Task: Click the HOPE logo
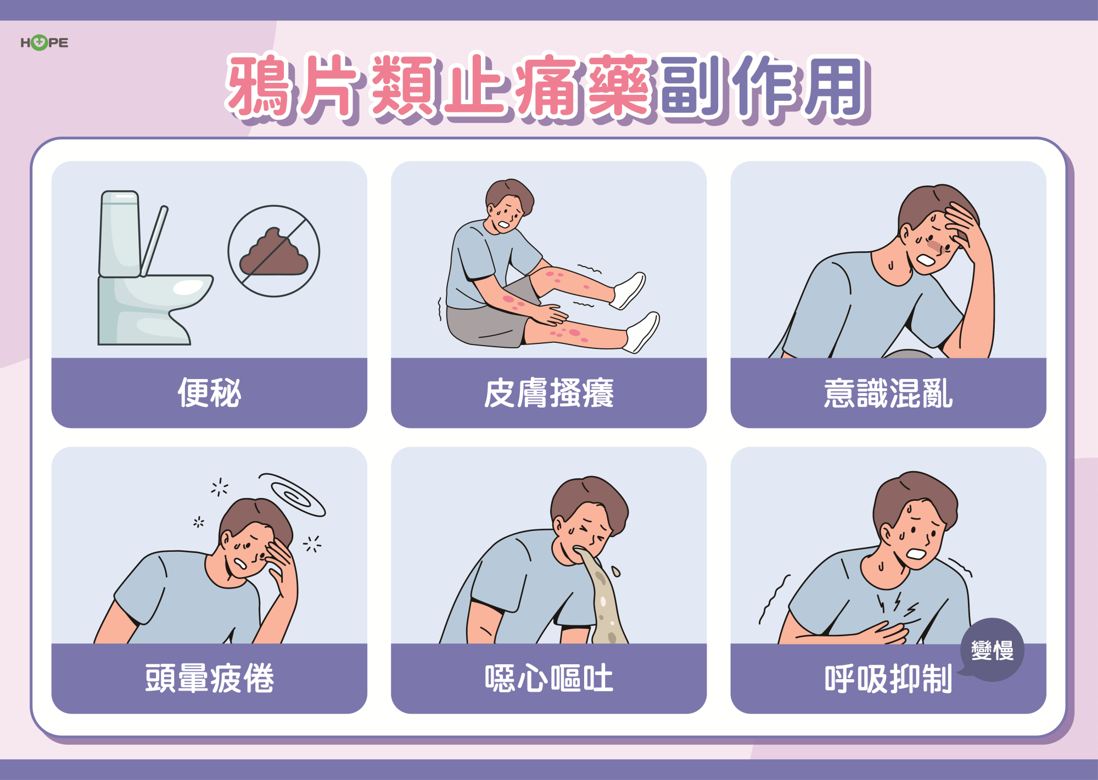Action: click(x=44, y=42)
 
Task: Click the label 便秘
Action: click(x=209, y=393)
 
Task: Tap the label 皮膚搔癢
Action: click(x=548, y=393)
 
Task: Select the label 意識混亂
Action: click(x=888, y=393)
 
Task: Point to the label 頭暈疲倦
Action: click(x=209, y=678)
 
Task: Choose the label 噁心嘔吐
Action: click(x=548, y=678)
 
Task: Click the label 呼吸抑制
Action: click(x=888, y=679)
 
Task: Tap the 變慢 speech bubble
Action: click(x=991, y=650)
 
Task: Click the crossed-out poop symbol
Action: click(x=274, y=251)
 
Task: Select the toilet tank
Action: click(x=119, y=234)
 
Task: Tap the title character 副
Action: click(x=692, y=86)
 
